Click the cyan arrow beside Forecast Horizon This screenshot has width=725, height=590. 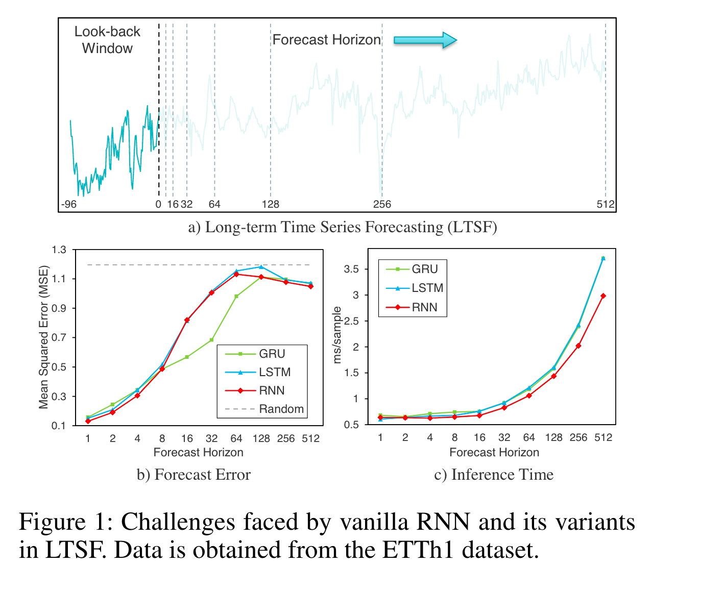point(425,40)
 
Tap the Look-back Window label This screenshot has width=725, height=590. point(107,40)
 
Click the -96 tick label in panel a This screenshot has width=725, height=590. point(68,205)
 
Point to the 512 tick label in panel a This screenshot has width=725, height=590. point(606,205)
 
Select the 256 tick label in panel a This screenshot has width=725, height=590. point(382,205)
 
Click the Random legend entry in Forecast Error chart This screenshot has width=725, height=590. point(281,409)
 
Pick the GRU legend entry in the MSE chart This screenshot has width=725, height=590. point(272,354)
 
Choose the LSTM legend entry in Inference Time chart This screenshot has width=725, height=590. point(427,288)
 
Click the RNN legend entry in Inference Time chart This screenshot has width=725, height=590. point(424,307)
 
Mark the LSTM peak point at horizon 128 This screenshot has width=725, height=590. point(261,267)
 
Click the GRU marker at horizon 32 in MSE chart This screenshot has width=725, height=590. point(211,340)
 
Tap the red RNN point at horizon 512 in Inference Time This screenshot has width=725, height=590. point(603,296)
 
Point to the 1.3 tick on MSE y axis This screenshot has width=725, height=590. point(59,250)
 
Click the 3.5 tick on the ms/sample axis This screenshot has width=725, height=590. point(351,269)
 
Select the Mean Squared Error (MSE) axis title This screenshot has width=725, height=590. point(43,337)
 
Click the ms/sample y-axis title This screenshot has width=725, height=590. point(336,335)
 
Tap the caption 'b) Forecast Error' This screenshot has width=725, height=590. point(194,475)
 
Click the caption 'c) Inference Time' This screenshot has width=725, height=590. point(494,475)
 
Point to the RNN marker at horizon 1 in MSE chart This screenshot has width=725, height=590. point(88,421)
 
